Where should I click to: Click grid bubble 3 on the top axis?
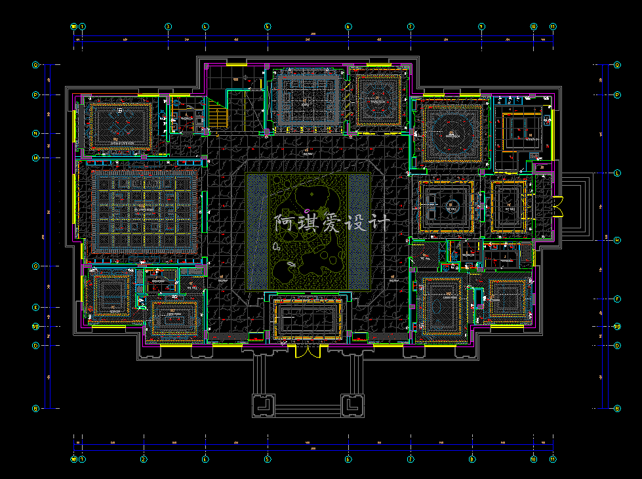[168, 27]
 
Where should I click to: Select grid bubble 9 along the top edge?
[481, 27]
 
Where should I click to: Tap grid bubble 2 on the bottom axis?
[144, 459]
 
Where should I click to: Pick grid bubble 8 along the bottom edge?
[471, 459]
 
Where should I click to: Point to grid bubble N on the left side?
[36, 133]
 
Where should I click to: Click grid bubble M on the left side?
[36, 157]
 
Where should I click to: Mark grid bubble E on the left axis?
[36, 307]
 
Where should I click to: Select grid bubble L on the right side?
[617, 173]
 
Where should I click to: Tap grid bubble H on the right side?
[617, 240]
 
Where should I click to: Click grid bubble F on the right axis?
[617, 299]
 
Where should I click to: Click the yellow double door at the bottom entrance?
[307, 351]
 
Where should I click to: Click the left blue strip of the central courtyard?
[258, 231]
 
